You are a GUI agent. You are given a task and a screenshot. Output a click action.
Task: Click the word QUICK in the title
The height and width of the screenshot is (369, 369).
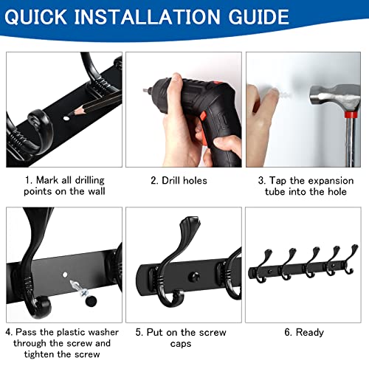[35, 17]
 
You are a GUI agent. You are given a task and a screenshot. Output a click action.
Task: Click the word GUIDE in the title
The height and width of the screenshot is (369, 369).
[258, 17]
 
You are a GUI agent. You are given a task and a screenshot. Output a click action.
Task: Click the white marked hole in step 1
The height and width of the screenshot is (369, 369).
[66, 118]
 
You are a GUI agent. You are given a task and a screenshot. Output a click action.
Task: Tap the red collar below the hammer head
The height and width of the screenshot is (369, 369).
[351, 114]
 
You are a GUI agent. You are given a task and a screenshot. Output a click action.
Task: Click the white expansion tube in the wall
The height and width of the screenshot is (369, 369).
[286, 94]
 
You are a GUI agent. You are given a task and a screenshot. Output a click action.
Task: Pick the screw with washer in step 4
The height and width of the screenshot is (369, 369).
[79, 289]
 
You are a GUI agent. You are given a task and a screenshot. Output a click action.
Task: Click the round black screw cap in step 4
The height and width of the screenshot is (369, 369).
[91, 300]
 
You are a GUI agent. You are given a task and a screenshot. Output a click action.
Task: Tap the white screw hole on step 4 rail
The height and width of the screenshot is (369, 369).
[65, 275]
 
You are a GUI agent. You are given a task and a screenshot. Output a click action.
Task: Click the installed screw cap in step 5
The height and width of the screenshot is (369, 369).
[194, 277]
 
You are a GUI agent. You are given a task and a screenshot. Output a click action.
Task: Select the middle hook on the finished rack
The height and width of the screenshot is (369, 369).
[311, 263]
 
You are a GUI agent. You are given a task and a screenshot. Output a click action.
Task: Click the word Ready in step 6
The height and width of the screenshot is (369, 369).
[310, 333]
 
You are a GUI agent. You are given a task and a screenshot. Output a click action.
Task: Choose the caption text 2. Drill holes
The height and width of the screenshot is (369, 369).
[179, 181]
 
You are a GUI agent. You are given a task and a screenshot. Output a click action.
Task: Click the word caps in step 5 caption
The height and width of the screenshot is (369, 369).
[181, 344]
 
